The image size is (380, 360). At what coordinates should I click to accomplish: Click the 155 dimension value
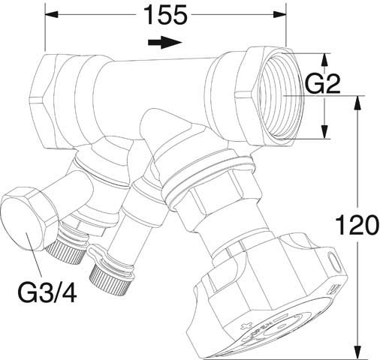point(166,15)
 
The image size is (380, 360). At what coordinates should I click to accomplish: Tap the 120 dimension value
point(355,225)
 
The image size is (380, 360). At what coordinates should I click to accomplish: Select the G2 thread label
point(323,84)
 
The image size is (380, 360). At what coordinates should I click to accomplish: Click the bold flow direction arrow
point(165,42)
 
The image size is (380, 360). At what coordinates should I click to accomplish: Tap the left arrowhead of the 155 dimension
point(51,14)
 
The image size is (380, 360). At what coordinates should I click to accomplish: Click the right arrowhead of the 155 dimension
point(279,14)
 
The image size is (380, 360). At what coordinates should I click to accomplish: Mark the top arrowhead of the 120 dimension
point(358,103)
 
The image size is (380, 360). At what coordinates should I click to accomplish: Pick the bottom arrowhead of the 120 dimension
point(358,352)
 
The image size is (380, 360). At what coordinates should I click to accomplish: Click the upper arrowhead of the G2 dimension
point(324,60)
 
